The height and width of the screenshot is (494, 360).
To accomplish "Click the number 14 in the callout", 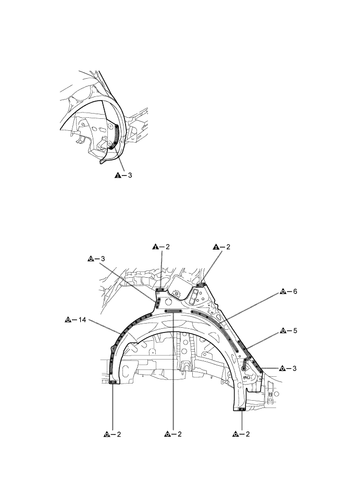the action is tap(82, 320).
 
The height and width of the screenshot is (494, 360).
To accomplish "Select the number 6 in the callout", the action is tap(295, 291).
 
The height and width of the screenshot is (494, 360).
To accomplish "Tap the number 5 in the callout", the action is tap(295, 331).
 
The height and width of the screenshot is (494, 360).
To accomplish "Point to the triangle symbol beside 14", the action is tap(68, 320).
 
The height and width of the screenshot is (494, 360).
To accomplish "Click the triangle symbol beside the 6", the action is tap(282, 291).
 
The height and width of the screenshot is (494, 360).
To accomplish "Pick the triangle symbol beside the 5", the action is tap(282, 331).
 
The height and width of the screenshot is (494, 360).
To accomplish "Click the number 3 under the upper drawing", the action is tap(130, 176).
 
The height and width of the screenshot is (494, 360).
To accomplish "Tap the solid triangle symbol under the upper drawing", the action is tap(117, 176).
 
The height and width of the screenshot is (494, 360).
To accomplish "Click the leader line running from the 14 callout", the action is tap(104, 326).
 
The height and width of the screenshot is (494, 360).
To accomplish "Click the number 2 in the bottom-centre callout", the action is tap(180, 434).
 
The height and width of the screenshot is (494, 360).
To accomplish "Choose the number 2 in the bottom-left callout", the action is tap(119, 434).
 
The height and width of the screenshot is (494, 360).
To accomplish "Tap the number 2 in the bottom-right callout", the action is tap(247, 434).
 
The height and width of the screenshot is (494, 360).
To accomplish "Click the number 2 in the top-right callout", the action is tap(228, 247).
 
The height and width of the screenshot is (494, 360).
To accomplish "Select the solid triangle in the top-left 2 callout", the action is tap(155, 247).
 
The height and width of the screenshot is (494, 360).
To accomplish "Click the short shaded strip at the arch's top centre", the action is tap(173, 311).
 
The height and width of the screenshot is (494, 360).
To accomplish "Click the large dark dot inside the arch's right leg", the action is tap(244, 369).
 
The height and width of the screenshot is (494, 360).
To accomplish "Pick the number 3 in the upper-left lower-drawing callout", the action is tap(103, 259).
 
